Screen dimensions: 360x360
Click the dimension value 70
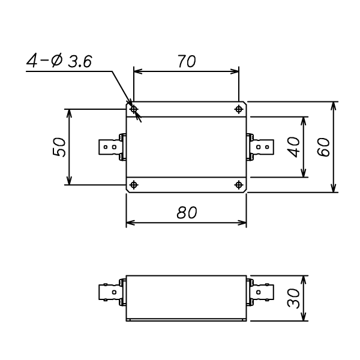[x=186, y=62]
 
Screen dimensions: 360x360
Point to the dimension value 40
[x=293, y=147]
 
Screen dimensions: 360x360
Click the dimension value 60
[x=325, y=147]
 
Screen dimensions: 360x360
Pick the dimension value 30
[x=293, y=298]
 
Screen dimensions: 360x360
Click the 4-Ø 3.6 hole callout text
[x=59, y=62]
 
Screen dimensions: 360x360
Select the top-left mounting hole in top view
[x=134, y=109]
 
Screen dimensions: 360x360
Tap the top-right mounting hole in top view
[x=239, y=109]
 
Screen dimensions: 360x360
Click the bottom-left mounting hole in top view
[x=134, y=184]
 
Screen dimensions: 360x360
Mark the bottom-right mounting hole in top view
[x=239, y=184]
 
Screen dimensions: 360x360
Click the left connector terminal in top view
[x=111, y=146]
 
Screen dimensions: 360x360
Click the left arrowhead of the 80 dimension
[x=128, y=223]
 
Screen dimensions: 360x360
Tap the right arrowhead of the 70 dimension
[x=236, y=71]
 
